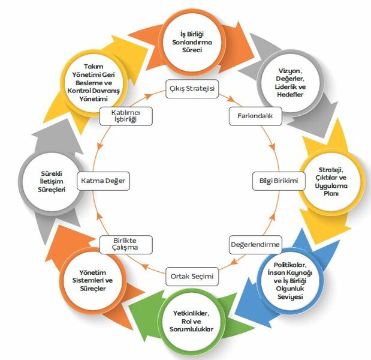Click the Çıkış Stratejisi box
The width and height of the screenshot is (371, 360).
click(x=192, y=89)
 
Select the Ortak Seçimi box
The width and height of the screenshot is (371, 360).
click(x=192, y=277)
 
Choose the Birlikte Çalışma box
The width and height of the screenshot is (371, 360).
click(x=126, y=244)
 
